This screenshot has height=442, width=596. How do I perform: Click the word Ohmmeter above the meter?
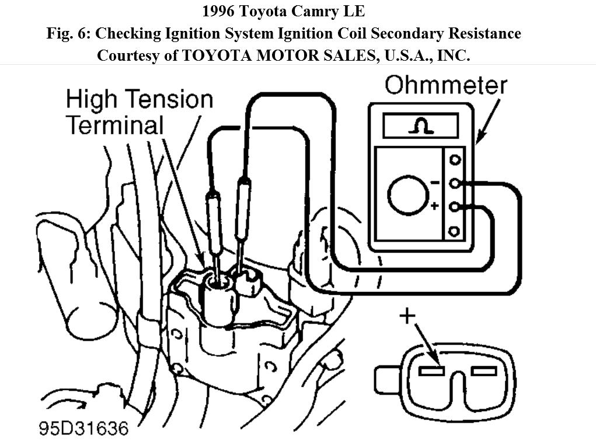(445, 85)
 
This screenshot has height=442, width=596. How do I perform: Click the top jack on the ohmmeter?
(454, 159)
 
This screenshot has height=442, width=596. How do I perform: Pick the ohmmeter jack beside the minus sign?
(454, 183)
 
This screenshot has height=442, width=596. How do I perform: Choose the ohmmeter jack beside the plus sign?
(454, 207)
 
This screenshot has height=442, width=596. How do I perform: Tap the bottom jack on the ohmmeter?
(454, 231)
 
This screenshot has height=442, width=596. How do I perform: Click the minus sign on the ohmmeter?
(435, 183)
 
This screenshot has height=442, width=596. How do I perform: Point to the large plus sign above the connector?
(407, 316)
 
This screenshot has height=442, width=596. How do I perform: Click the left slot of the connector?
(433, 371)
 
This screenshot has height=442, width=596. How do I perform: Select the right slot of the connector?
(483, 371)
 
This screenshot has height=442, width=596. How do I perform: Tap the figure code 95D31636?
(83, 428)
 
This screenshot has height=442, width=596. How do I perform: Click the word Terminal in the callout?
(114, 124)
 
